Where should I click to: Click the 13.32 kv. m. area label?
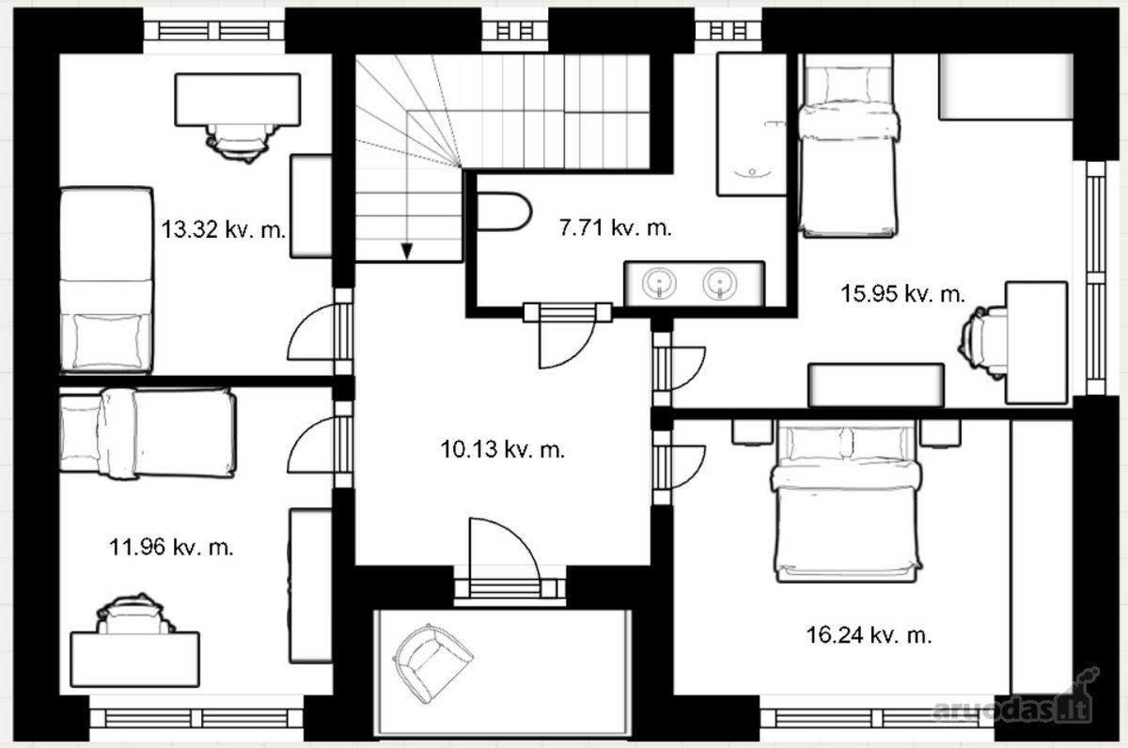point(223,229)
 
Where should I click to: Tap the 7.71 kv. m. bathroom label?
point(616,228)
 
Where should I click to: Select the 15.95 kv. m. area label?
point(903,294)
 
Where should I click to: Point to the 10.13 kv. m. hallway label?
point(503,449)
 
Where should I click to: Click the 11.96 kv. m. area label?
point(171,547)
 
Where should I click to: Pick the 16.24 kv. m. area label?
point(869,635)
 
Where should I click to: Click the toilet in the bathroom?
point(504,211)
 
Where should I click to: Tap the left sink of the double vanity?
point(659,283)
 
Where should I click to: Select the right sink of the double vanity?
point(720,283)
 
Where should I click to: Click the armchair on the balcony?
point(431,662)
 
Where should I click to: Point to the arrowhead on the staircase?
point(407,251)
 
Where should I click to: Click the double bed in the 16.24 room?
point(847,502)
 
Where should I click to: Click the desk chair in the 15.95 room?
point(983,343)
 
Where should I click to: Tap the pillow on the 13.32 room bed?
point(107,341)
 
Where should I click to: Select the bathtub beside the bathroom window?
point(752,124)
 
